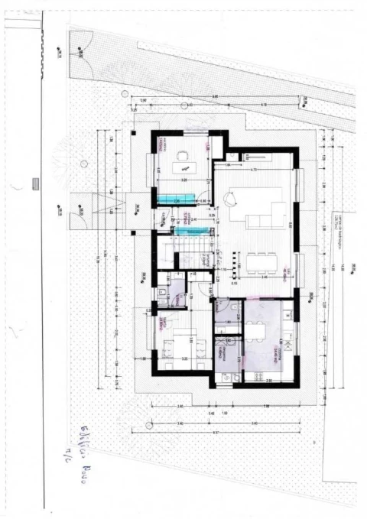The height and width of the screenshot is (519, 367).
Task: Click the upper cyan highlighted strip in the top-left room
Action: click(x=175, y=200)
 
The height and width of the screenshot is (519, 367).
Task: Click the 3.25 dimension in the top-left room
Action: click(x=184, y=180)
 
